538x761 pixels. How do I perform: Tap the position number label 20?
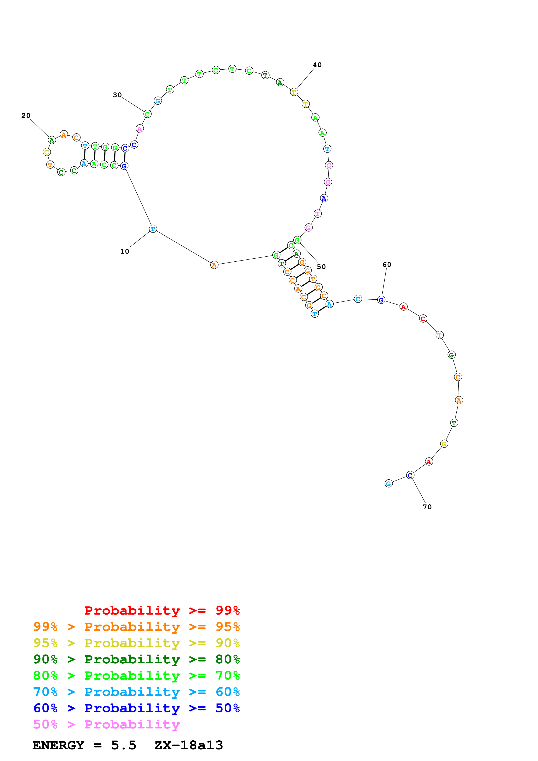pos(26,116)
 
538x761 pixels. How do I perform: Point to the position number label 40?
pos(317,65)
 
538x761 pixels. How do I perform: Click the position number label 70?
pos(427,507)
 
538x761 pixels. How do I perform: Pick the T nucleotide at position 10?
pos(153,229)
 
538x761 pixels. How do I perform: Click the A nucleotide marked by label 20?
pos(52,140)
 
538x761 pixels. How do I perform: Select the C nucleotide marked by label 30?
pos(148,114)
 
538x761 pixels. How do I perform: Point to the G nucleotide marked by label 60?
pos(381,300)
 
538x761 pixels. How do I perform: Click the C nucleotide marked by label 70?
pos(410,475)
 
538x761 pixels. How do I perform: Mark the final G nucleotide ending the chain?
pos(388,484)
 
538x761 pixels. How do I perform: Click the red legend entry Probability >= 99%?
pos(162,610)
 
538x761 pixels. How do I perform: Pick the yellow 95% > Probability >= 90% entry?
pos(136,643)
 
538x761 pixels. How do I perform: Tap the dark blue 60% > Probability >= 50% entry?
pos(136,708)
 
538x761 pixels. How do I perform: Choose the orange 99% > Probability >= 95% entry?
pos(136,627)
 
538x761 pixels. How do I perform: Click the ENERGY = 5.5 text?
pos(84,745)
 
